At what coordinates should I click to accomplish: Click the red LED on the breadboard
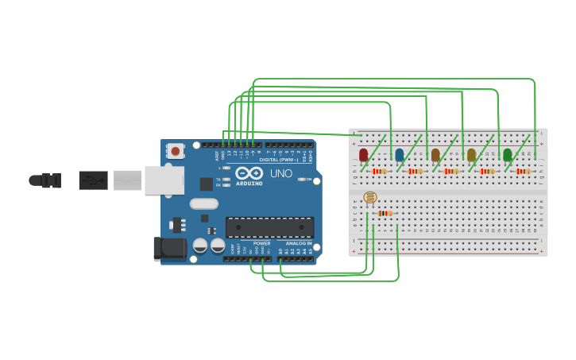click(363, 154)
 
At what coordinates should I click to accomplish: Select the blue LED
click(400, 154)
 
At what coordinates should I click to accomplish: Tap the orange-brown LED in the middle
click(435, 154)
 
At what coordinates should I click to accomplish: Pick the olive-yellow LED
click(471, 154)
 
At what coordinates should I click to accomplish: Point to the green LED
click(507, 154)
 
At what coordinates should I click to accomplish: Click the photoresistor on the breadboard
click(370, 197)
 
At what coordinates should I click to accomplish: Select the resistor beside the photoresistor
click(385, 213)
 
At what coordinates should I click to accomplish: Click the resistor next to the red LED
click(379, 171)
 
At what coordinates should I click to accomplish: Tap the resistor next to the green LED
click(522, 171)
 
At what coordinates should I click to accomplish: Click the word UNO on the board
click(280, 173)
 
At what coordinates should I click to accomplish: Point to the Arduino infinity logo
click(249, 173)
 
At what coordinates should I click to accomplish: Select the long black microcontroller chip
click(269, 227)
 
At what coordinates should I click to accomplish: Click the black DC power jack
click(169, 249)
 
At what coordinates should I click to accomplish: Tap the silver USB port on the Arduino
click(164, 180)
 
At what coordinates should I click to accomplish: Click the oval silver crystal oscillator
click(204, 203)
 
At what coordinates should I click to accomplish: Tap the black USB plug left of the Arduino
click(93, 180)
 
